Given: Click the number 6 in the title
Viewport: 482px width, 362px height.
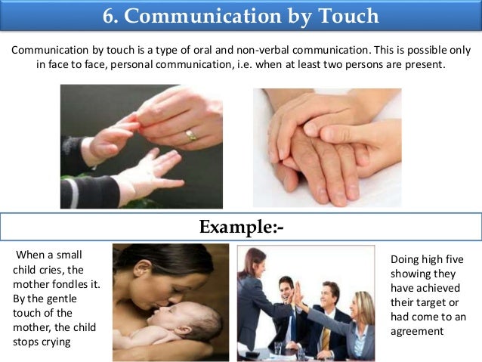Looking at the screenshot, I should click(x=107, y=16).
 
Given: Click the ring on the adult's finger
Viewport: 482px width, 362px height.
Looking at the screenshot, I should click(x=192, y=135).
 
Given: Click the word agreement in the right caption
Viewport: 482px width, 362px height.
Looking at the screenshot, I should click(x=418, y=331).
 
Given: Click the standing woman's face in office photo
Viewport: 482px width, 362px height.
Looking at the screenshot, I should click(x=258, y=265).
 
